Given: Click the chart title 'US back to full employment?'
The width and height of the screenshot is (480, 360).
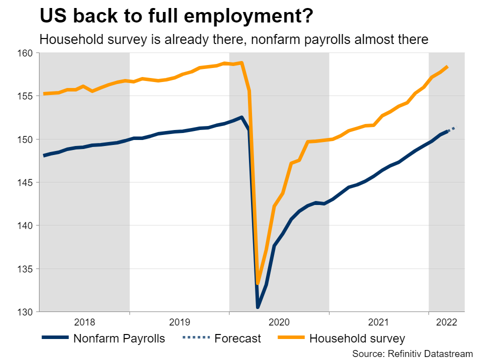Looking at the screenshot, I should click(x=176, y=16).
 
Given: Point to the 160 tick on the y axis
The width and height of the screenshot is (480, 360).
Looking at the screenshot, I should click(x=25, y=52).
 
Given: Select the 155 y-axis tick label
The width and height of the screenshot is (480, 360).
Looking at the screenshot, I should click(x=25, y=96).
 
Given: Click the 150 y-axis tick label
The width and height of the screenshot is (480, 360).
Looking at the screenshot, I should click(x=25, y=139).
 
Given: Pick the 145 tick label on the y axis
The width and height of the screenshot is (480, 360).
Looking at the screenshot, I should click(x=25, y=182).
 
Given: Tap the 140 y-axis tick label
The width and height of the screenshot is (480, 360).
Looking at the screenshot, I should click(x=25, y=225).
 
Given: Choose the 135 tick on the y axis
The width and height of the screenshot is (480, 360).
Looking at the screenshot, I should click(x=25, y=269).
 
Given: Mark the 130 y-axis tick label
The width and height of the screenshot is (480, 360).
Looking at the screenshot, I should click(x=25, y=312).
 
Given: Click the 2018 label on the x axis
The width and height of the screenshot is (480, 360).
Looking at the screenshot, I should click(x=84, y=322).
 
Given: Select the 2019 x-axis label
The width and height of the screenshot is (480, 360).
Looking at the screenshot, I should click(x=179, y=322).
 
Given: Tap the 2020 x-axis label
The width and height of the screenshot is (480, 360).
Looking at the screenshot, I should click(x=279, y=322).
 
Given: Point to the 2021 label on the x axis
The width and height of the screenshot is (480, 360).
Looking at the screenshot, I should click(x=378, y=322).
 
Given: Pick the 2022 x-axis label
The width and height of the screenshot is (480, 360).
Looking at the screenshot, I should click(x=446, y=322).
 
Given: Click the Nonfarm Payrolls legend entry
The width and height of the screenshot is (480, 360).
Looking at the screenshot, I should click(x=118, y=338).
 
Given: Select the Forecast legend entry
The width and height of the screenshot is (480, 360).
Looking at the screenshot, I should click(x=237, y=338).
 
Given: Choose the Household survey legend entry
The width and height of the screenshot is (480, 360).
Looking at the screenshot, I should click(x=357, y=338).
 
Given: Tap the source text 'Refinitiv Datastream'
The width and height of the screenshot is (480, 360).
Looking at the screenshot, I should click(x=428, y=353).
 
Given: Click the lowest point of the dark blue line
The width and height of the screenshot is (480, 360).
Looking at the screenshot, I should click(x=258, y=306).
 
